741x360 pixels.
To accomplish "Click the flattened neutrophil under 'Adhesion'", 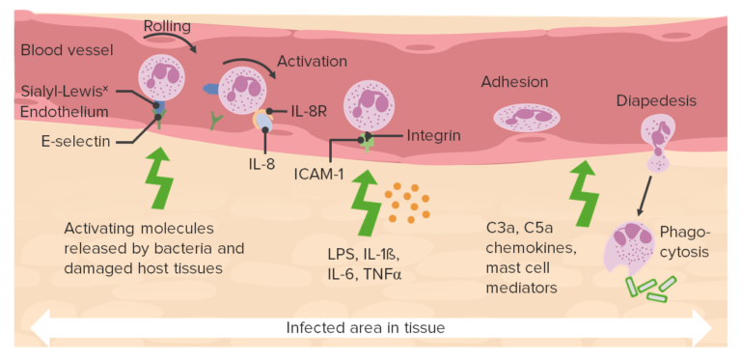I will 526,118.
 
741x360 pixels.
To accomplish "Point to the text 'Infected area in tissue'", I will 365,328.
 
